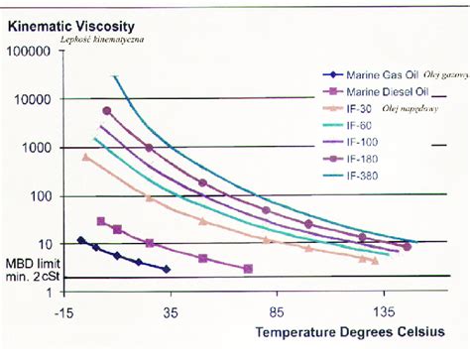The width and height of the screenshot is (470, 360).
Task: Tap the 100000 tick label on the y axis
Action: click(x=29, y=52)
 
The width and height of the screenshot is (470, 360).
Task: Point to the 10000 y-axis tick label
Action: click(x=32, y=99)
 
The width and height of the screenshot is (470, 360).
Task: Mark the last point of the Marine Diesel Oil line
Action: click(x=248, y=269)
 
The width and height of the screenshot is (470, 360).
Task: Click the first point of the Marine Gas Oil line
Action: click(x=81, y=240)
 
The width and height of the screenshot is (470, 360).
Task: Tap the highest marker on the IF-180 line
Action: click(x=107, y=110)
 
